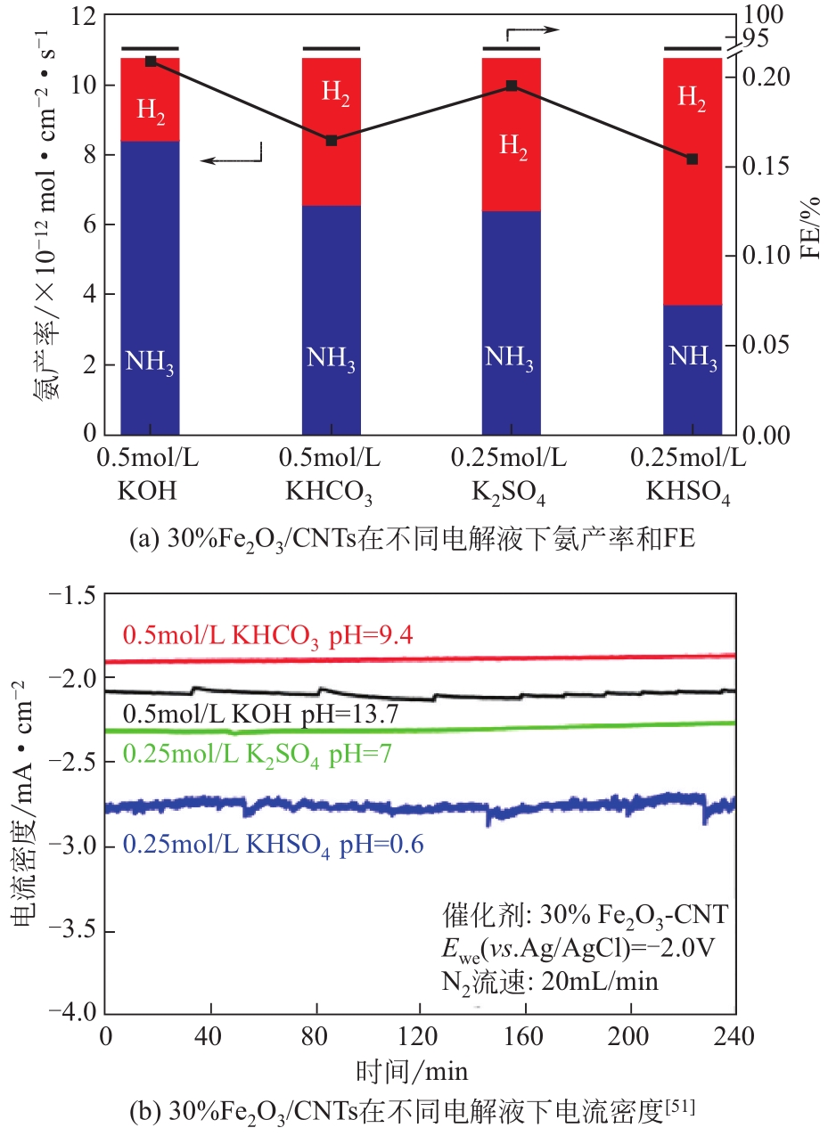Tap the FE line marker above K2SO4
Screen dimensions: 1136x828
[x=512, y=86]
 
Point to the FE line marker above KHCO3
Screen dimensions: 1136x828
[x=332, y=141]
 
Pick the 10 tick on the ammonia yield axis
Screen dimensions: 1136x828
[x=87, y=86]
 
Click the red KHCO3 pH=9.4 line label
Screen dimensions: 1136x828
[x=267, y=636]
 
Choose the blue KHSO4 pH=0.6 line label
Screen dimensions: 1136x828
[x=273, y=843]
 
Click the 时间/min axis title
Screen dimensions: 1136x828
[x=412, y=1070]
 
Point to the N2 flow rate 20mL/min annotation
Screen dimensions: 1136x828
[x=550, y=983]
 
